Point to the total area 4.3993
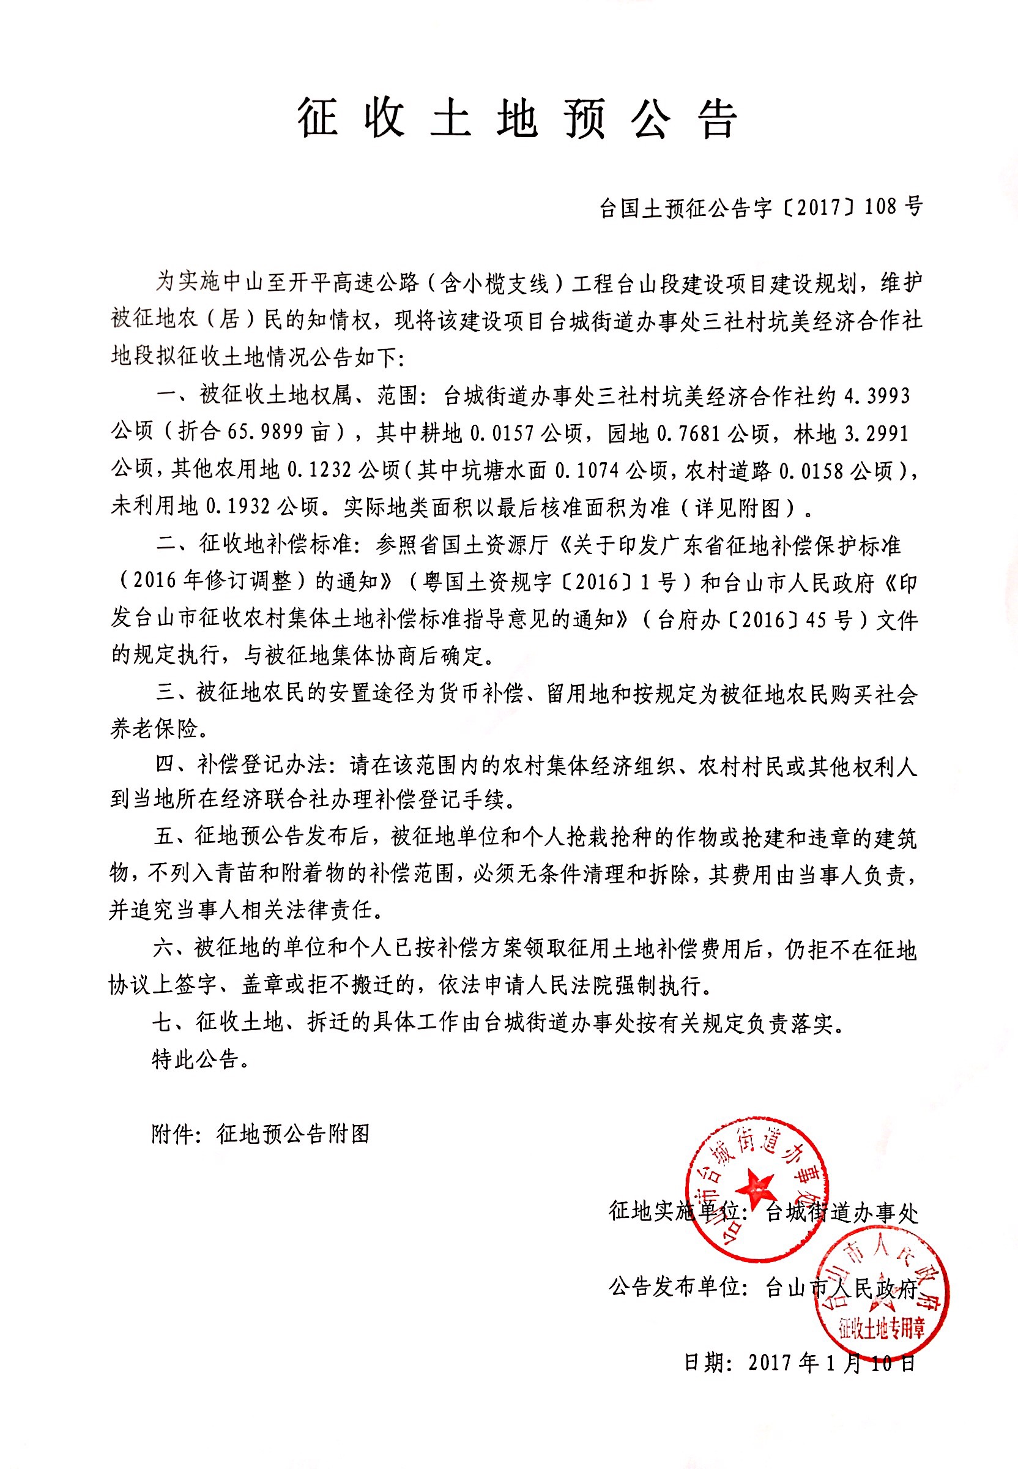tap(878, 396)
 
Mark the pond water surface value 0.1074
tap(587, 470)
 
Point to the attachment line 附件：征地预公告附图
tap(260, 1134)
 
